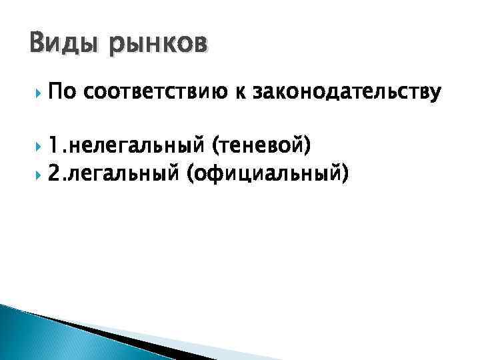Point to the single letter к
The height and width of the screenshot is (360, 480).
coord(237,93)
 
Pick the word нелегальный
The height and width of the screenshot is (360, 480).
coord(135,143)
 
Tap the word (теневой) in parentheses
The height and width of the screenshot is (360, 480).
coord(260,143)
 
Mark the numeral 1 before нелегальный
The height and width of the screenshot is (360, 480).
coord(54,142)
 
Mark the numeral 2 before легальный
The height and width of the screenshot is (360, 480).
coord(55,174)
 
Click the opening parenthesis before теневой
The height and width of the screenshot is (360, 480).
coord(213,143)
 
